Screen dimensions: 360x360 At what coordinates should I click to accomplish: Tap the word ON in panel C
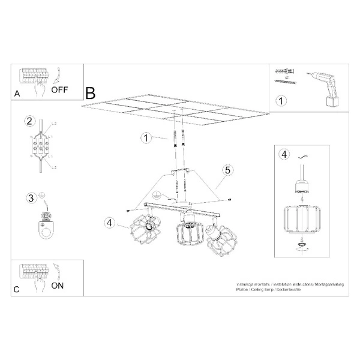click(x=57, y=286)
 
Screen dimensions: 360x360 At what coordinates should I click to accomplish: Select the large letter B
click(x=91, y=94)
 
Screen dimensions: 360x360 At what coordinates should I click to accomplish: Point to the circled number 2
click(x=28, y=122)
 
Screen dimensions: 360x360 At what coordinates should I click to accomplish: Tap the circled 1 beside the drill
click(x=279, y=101)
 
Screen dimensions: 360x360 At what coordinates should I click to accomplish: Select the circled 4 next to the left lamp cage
click(x=109, y=223)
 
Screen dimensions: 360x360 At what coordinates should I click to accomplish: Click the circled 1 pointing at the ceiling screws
click(x=146, y=138)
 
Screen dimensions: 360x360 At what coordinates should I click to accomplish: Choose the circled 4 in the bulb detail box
click(x=284, y=154)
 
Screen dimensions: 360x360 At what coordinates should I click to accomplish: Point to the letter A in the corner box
click(x=16, y=94)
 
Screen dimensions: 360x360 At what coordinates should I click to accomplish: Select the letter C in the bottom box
click(x=16, y=289)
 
